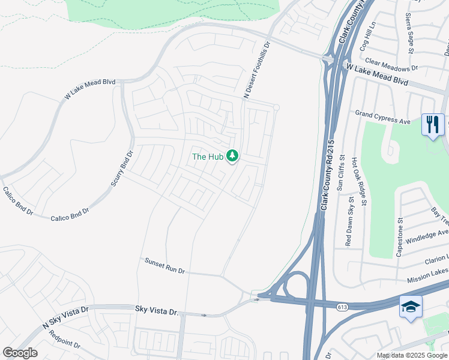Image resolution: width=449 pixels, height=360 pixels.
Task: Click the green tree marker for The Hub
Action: pyautogui.click(x=232, y=156)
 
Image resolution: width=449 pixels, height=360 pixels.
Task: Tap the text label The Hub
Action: pyautogui.click(x=207, y=157)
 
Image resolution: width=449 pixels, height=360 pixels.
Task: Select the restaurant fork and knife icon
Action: pyautogui.click(x=432, y=125)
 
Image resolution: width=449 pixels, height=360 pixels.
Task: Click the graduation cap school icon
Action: pyautogui.click(x=411, y=307)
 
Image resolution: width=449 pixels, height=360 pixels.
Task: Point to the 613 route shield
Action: pyautogui.click(x=343, y=307)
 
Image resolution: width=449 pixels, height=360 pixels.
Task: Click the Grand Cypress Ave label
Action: pyautogui.click(x=383, y=117)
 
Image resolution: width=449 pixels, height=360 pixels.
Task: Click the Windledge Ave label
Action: pyautogui.click(x=427, y=237)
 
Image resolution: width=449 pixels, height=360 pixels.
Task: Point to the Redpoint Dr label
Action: pyautogui.click(x=64, y=339)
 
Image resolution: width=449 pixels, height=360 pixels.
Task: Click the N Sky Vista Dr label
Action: pyautogui.click(x=65, y=318)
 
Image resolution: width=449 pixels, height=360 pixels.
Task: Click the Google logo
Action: pyautogui.click(x=20, y=353)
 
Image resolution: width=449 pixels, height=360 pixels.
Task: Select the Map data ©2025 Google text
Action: pyautogui.click(x=411, y=355)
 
